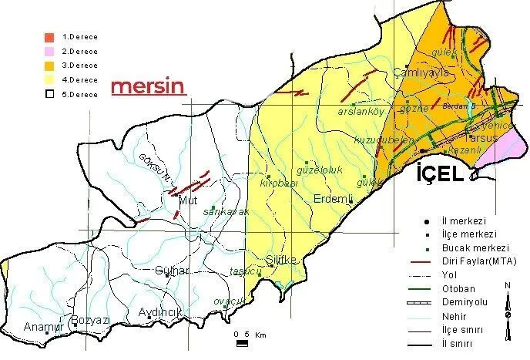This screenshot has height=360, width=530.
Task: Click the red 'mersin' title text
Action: [x=149, y=86]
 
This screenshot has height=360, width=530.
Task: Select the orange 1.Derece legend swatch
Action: [x=49, y=36]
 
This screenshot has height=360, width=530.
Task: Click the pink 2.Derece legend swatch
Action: [x=49, y=51]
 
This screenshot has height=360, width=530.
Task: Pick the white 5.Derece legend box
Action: [x=49, y=94]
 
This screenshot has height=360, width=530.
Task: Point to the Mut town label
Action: [x=188, y=201]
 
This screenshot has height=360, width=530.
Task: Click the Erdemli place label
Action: [x=333, y=198]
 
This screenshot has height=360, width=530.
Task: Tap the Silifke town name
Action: [x=280, y=260]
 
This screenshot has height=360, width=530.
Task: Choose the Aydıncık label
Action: [x=159, y=312]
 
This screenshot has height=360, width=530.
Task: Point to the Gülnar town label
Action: [x=171, y=270]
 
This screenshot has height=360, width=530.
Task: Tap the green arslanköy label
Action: [x=361, y=112]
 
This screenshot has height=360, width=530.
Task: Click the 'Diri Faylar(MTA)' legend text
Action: [x=479, y=261]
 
